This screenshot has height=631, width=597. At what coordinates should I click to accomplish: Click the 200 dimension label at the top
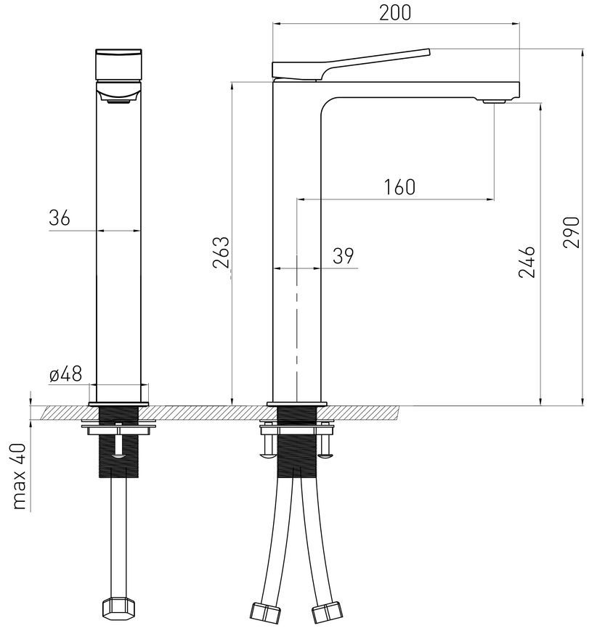(395, 12)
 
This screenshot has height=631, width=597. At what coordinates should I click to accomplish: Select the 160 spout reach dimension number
(399, 187)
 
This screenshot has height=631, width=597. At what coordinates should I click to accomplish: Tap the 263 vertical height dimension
(221, 252)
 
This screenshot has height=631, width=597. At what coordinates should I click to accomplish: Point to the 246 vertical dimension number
(527, 262)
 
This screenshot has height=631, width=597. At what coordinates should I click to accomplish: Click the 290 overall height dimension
(572, 233)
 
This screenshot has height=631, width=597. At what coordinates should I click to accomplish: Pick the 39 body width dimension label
(344, 256)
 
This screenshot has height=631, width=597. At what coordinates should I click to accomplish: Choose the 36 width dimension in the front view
(60, 218)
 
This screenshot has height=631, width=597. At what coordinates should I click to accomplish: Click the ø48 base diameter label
(65, 374)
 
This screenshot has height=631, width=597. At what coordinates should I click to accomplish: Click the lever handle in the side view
(351, 65)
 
